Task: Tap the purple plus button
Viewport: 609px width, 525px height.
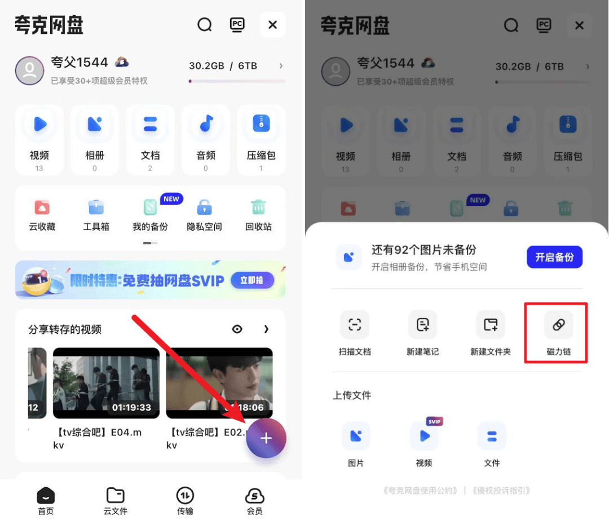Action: coord(266,438)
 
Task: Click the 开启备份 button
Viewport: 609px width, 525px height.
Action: coord(554,257)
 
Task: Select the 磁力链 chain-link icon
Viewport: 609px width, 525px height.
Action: coord(558,324)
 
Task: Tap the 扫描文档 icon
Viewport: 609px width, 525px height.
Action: coord(355,324)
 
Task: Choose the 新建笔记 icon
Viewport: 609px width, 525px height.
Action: coord(422,324)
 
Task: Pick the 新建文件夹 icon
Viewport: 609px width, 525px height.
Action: coord(491,324)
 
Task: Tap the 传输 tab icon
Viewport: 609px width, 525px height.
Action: coord(185,496)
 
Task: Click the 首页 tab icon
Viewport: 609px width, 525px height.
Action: coord(46,496)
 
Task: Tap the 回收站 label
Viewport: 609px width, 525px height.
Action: coord(259,227)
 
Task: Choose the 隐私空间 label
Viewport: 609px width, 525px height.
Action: coord(204,227)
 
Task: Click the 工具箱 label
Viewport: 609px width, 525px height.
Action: coord(96,227)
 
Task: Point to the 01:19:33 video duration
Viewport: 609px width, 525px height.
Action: coord(131,407)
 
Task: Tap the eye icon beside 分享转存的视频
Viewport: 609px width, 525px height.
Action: coord(237,329)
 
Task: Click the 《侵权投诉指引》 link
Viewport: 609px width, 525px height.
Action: coord(501,491)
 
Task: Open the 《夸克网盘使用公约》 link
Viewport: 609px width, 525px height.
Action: coord(421,491)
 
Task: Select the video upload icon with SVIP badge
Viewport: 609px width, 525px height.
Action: coord(424,435)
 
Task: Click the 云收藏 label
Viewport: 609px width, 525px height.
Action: coord(42,227)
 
